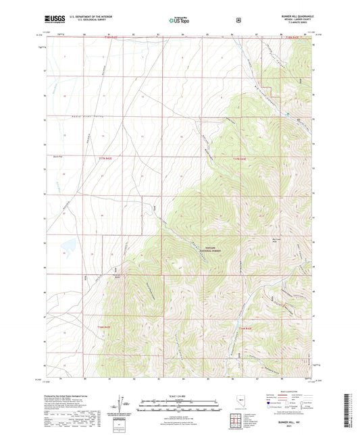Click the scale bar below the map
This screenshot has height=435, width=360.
tap(180, 402)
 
